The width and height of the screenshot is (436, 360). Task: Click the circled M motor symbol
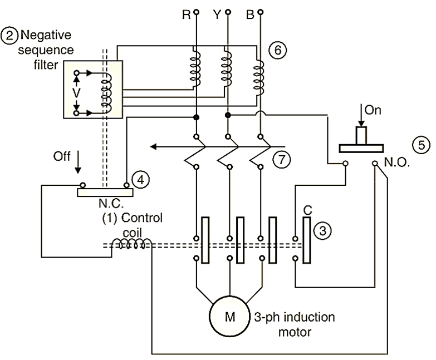(x=230, y=317)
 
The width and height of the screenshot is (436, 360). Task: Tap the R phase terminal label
(x=186, y=14)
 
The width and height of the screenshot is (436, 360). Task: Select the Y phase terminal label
(x=217, y=14)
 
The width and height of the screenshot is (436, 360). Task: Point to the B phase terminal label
(x=250, y=14)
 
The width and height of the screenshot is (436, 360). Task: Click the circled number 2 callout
(x=9, y=36)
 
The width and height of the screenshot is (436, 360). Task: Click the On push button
(x=361, y=139)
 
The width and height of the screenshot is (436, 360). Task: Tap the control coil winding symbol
(x=129, y=245)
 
